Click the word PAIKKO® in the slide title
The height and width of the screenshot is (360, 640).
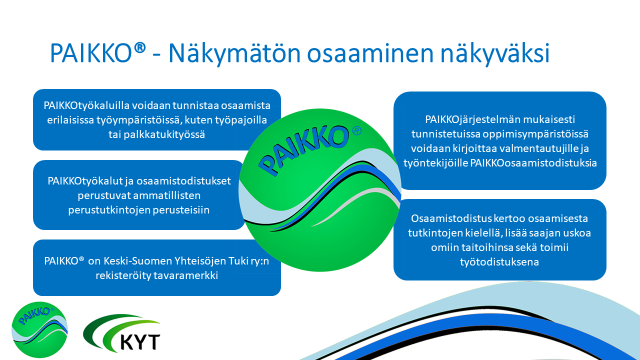[98, 53]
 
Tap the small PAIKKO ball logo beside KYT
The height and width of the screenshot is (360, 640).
[39, 330]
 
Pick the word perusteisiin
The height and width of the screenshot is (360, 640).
[181, 210]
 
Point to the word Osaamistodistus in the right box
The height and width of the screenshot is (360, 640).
[449, 218]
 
